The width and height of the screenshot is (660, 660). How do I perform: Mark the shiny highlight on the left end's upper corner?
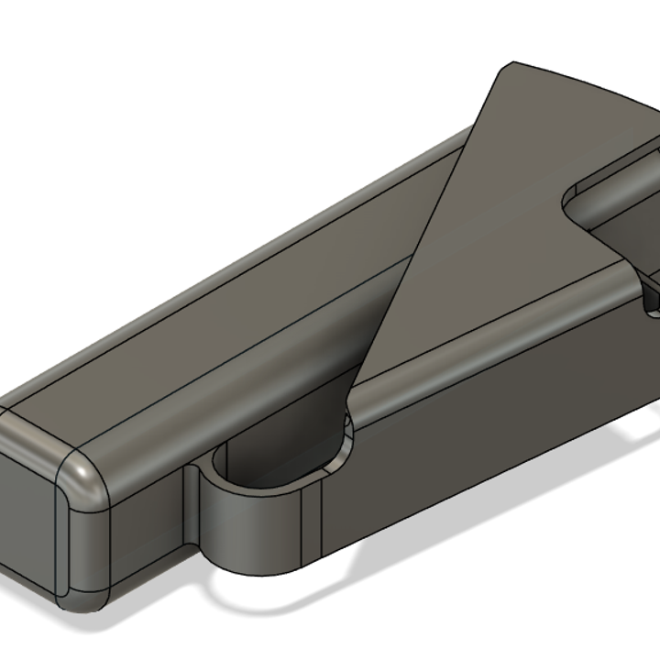click(87, 477)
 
